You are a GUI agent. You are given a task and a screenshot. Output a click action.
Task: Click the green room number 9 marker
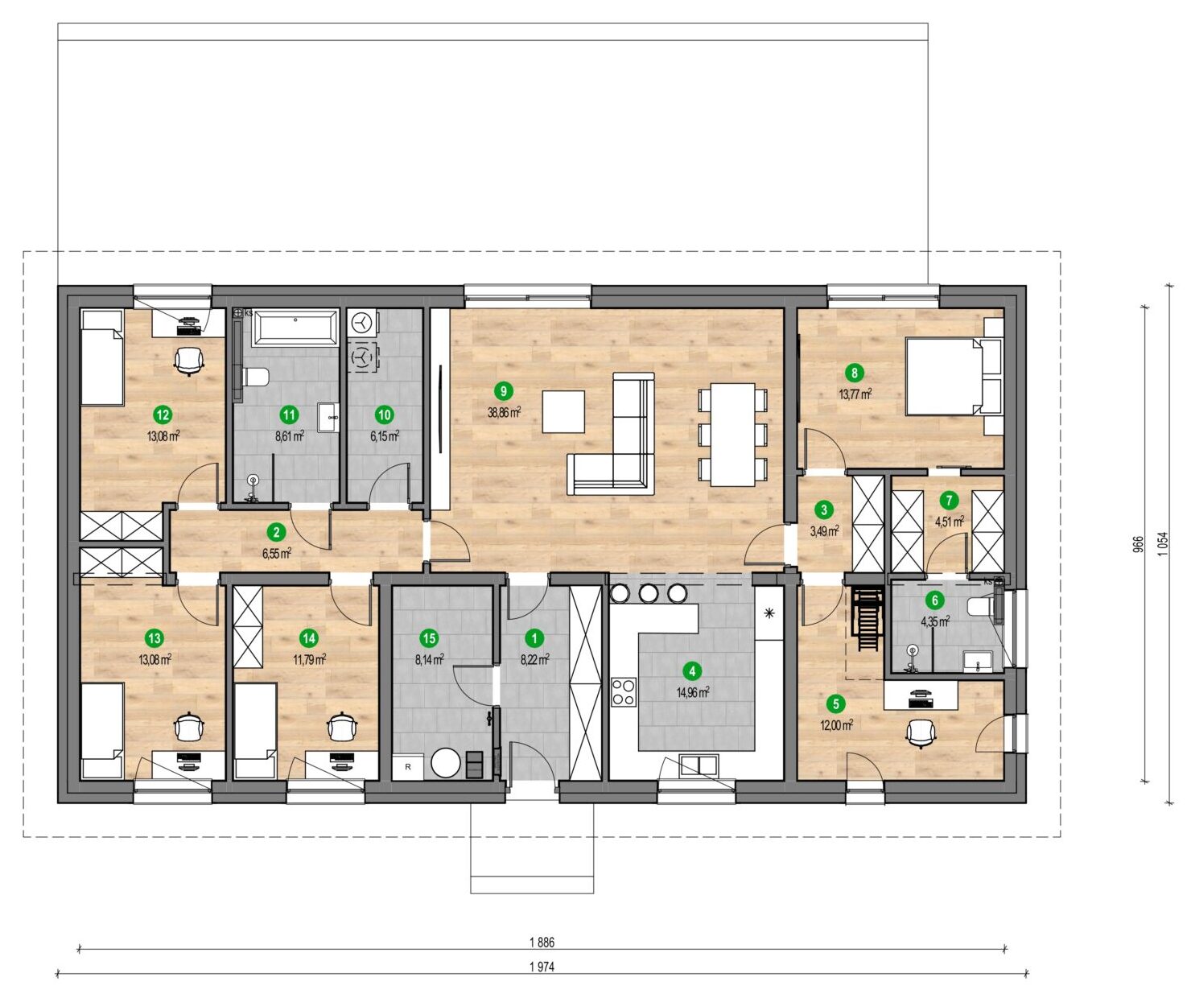pos(503,391)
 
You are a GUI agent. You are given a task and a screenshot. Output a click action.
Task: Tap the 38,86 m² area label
pos(504,413)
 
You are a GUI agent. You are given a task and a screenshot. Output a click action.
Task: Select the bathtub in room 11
pos(295,328)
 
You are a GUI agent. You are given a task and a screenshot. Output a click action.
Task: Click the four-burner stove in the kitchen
pos(624,691)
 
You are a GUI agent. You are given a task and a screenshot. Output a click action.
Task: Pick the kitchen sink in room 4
pos(699,765)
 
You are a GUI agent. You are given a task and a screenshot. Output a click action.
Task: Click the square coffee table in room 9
pos(563,411)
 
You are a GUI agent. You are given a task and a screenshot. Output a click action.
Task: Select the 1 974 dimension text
pos(542,967)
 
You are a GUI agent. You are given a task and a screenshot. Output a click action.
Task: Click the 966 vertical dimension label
pos(1138,546)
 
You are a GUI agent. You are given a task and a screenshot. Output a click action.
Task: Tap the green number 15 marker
pos(429,638)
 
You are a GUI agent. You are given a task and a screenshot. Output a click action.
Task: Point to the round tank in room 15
pos(446,762)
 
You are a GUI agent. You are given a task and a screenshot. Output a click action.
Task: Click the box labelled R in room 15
pos(408,768)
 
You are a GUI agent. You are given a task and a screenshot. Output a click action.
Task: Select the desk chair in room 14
pos(342,728)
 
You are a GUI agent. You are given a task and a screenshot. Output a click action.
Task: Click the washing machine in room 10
pos(361,324)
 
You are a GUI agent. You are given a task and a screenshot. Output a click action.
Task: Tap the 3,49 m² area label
pos(824,531)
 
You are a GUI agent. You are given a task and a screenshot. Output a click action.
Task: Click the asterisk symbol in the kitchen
pos(769,614)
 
